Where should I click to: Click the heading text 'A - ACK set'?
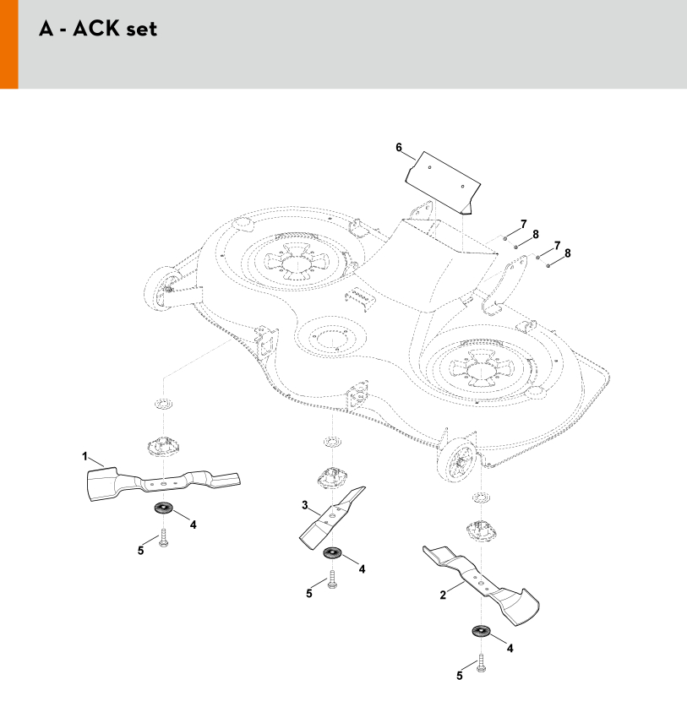coord(98,29)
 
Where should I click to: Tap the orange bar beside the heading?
coord(8,44)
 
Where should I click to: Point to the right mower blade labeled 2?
coord(481,584)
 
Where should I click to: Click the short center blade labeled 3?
coord(332,517)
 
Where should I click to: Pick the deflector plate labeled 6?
coord(443,182)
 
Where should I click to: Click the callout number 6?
coord(399,148)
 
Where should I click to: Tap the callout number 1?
coord(85,456)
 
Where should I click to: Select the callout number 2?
coord(443,595)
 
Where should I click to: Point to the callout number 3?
coord(305,505)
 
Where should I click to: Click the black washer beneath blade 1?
coord(163,508)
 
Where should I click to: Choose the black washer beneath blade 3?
coord(332,552)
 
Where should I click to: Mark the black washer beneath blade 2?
coord(481,630)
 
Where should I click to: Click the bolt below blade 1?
coord(163,538)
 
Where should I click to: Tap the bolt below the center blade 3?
coord(332,579)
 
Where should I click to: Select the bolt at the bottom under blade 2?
coord(481,663)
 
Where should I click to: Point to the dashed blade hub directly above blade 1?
coord(163,445)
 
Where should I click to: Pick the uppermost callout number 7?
coord(524,224)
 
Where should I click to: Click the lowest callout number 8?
coord(568,253)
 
